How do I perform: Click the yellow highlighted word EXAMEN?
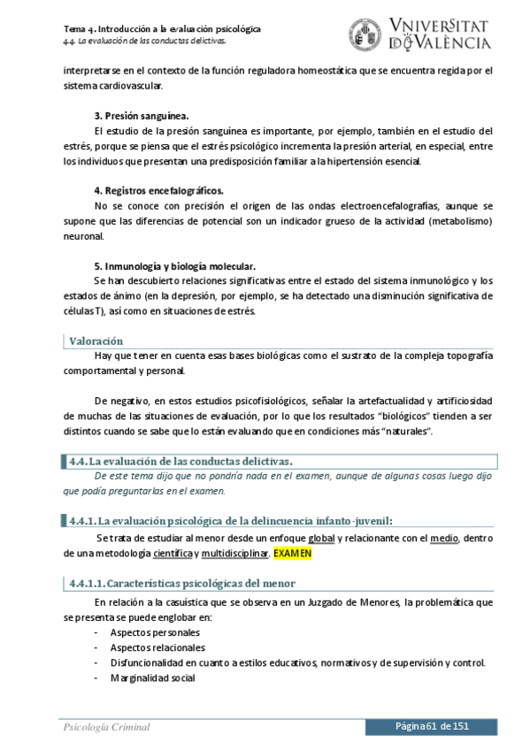292,554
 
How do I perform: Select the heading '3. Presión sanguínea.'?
142,116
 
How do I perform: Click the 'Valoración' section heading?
96,341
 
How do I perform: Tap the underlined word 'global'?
321,538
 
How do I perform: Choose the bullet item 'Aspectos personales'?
155,632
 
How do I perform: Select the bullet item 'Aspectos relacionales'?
158,647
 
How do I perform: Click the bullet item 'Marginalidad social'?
152,678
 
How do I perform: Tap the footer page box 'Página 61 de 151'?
432,726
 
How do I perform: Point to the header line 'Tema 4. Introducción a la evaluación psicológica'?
162,28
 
